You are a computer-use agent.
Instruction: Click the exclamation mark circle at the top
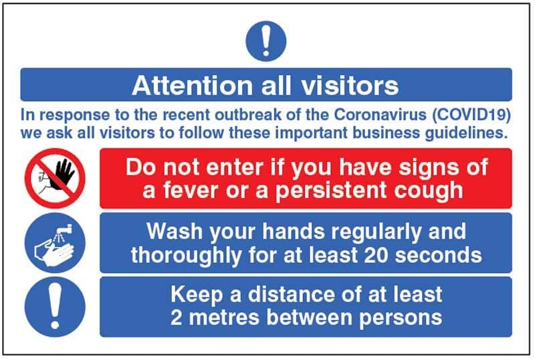[265, 41]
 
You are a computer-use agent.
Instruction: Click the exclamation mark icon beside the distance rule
[55, 307]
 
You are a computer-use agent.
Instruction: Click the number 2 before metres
[177, 317]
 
